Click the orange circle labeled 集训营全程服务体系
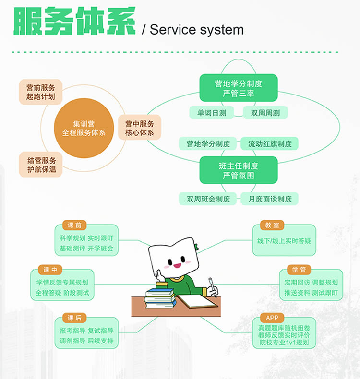point(84,128)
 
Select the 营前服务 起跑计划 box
point(41,92)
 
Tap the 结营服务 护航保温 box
point(41,165)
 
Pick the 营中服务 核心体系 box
point(140,128)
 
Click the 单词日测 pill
point(212,113)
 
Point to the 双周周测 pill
point(265,113)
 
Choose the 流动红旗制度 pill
point(270,143)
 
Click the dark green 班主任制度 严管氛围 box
point(239,170)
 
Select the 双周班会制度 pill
point(208,199)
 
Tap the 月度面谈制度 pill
point(270,199)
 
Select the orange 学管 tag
point(299,270)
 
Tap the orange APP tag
point(272,318)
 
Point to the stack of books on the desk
point(160,297)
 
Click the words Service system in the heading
point(196,30)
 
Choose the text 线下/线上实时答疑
point(284,240)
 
